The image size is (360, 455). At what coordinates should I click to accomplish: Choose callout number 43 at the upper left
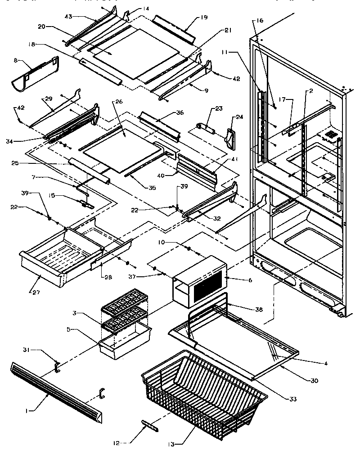(x=69, y=17)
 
